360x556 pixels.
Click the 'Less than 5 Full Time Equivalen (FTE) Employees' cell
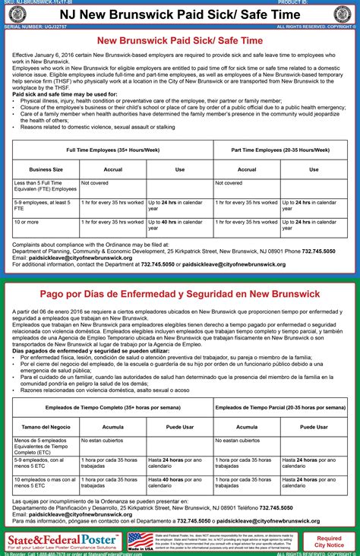click(x=44, y=187)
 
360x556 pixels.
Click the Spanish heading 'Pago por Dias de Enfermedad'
click(x=180, y=294)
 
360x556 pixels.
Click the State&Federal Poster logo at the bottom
click(x=57, y=540)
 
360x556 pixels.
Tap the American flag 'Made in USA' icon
click(x=140, y=540)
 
